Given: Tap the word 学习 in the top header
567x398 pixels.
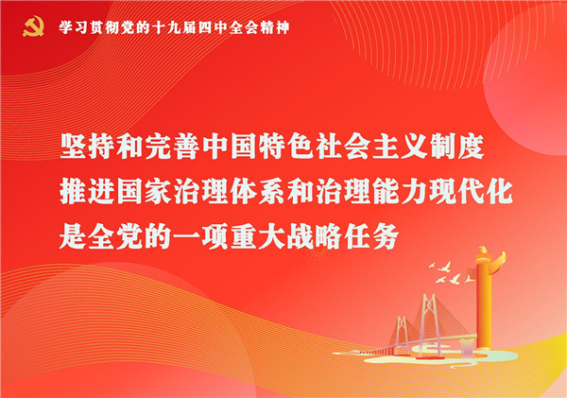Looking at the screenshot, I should click(71, 26).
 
